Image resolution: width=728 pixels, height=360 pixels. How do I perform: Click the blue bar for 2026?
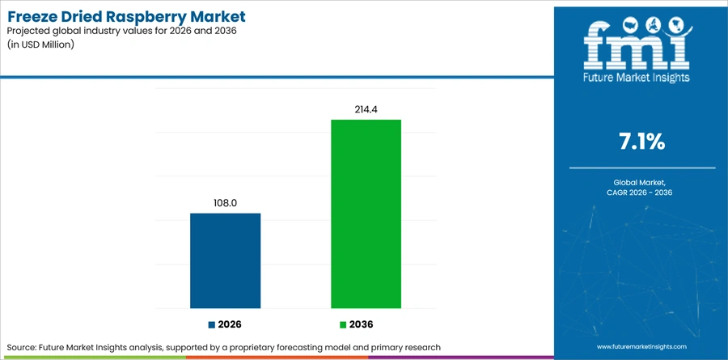coord(225,260)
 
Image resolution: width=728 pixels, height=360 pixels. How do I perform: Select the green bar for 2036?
coord(366,214)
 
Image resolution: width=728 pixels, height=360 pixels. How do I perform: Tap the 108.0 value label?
coord(226,203)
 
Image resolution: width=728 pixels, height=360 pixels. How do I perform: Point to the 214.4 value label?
coord(366,109)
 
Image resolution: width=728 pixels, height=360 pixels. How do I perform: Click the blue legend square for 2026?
coord(212,324)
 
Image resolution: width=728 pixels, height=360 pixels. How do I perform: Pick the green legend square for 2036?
coord(343,324)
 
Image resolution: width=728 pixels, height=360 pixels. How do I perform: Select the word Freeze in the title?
coord(32,17)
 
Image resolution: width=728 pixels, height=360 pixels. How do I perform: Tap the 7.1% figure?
coord(641,142)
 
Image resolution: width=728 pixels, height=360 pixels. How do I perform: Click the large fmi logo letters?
coord(637,46)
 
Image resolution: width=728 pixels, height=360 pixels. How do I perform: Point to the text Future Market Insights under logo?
coord(637,77)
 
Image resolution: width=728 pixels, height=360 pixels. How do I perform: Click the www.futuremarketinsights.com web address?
coord(641,346)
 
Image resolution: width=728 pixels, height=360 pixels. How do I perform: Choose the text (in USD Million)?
coord(40,45)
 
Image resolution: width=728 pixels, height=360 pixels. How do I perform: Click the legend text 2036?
coord(361,324)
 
